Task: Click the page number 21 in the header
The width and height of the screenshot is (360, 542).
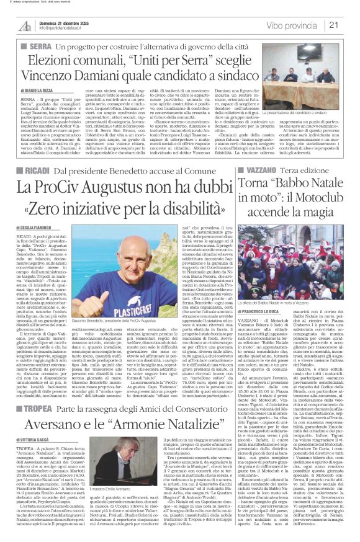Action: [351, 25]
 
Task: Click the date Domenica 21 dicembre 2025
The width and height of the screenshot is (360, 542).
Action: [55, 22]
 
